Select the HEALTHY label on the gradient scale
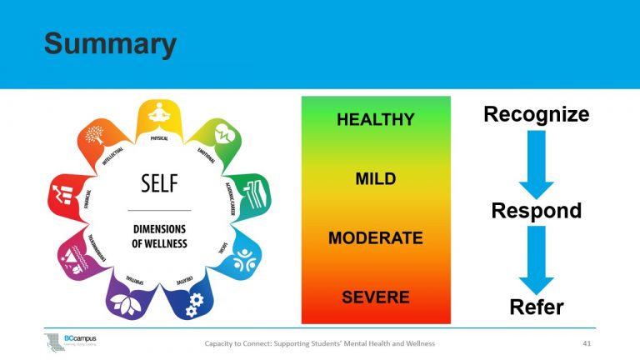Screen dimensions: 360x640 coord(375,120)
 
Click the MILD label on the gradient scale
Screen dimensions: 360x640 coord(375,179)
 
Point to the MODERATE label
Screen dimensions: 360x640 coord(375,238)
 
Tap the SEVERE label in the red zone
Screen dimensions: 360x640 coord(375,297)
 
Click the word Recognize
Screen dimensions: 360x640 coord(537,114)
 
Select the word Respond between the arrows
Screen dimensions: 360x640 coord(537,211)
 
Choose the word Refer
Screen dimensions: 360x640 coord(537,307)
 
